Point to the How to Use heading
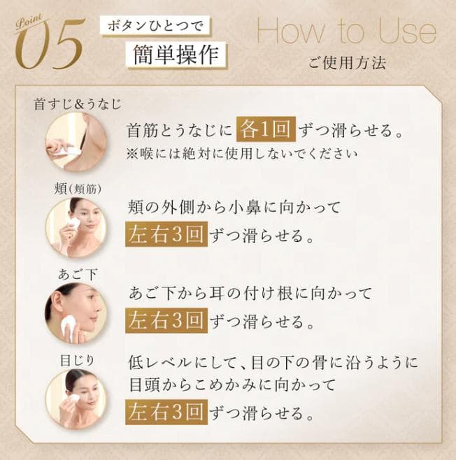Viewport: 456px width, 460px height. tap(345, 31)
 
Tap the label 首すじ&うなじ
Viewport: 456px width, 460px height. tap(78, 105)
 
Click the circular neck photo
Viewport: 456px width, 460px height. tap(75, 142)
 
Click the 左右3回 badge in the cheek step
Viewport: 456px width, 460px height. tap(166, 236)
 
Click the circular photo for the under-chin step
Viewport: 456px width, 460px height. tap(75, 312)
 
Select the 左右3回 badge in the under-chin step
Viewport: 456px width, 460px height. tap(166, 321)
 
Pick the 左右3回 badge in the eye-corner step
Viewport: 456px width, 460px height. tap(166, 413)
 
